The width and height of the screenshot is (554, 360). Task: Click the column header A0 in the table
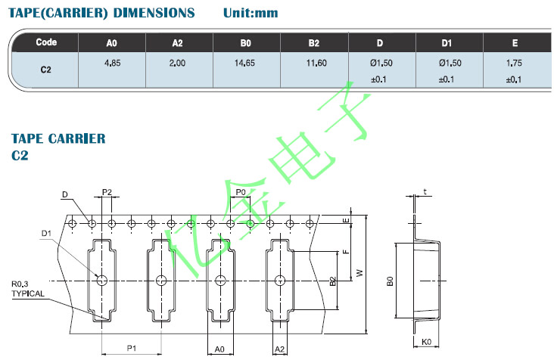point(112,43)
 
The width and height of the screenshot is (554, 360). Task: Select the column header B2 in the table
point(314,43)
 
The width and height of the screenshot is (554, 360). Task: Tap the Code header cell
point(46,42)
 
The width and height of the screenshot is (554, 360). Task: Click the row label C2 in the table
point(45,68)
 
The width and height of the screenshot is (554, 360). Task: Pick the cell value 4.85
point(112,63)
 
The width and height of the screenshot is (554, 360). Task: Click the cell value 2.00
point(178,63)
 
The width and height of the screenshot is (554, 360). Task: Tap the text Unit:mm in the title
point(251,13)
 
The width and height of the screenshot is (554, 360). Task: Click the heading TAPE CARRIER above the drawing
point(58,138)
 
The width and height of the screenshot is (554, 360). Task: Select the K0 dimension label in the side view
point(426,342)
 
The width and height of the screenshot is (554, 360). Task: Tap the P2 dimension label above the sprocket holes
point(107,192)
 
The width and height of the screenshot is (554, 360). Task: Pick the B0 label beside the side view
point(390,281)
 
